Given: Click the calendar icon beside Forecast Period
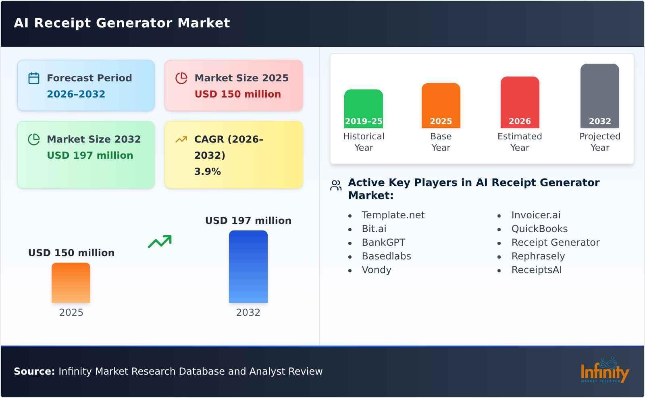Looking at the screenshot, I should click(x=34, y=78).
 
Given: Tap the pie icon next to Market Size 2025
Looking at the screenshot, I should click(x=181, y=78).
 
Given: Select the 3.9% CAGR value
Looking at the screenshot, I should click(x=208, y=172).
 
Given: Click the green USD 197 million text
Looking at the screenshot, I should click(x=90, y=155).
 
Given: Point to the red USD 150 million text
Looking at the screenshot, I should click(x=238, y=94).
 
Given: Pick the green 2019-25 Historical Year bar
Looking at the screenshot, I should click(x=364, y=109).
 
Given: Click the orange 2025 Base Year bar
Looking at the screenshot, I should click(x=441, y=106).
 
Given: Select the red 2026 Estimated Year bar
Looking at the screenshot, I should click(x=520, y=102).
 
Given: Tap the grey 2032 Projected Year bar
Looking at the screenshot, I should click(x=600, y=96).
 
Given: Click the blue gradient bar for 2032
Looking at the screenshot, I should click(x=248, y=267).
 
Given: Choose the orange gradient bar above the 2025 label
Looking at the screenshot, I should click(x=71, y=283).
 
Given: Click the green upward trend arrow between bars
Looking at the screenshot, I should click(x=160, y=241).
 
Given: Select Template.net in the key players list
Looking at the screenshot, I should click(x=393, y=215).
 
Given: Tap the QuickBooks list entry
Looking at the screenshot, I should click(x=539, y=229).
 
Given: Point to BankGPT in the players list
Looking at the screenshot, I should click(x=383, y=243).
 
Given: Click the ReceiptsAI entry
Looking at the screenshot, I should click(x=537, y=270).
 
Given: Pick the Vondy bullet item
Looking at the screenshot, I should click(x=377, y=270).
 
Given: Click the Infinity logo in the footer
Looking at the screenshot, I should click(x=605, y=371).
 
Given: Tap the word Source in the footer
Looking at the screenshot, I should click(x=34, y=371).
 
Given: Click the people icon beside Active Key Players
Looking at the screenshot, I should click(x=336, y=185).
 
